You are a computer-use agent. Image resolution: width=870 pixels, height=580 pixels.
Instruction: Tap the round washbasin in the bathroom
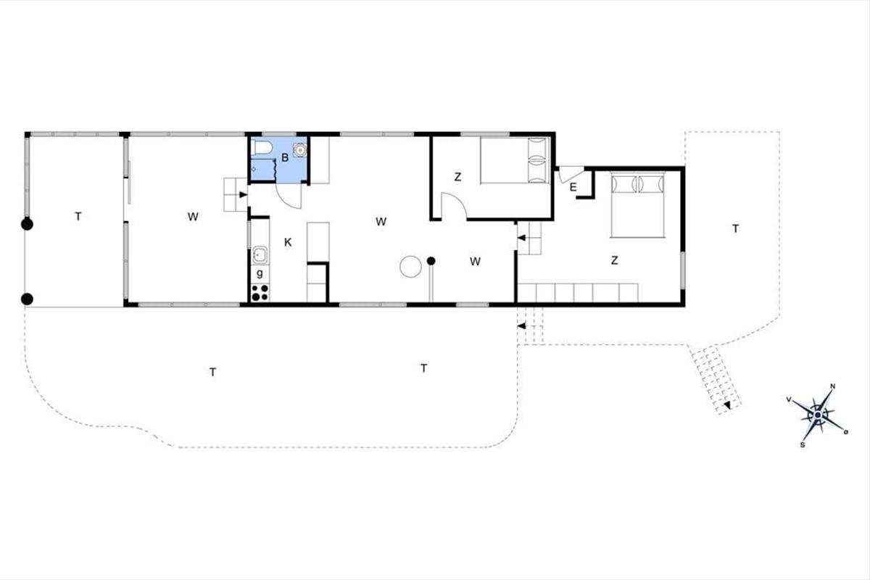tap(300, 149)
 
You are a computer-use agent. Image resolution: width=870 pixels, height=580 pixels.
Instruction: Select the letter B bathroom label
tap(285, 158)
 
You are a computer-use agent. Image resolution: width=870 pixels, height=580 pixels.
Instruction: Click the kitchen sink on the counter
tap(260, 255)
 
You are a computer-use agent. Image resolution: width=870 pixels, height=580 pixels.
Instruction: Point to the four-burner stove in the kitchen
tap(260, 293)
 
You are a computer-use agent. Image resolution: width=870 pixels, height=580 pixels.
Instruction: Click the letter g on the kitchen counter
tap(260, 273)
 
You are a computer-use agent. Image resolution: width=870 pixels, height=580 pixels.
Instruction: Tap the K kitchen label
tap(288, 242)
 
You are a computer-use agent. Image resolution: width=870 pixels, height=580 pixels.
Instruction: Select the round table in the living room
tap(410, 267)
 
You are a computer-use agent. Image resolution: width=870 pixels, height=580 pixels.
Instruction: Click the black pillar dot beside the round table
tap(431, 261)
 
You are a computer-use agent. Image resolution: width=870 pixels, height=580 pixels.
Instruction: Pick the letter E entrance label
tap(573, 188)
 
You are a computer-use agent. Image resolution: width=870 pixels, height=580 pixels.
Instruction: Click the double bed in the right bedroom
tap(637, 204)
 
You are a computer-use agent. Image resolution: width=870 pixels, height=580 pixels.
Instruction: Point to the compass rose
tap(818, 415)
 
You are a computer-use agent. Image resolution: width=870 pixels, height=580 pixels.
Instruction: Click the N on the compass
tap(833, 386)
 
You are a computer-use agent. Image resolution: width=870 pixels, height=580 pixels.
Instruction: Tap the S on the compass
tap(803, 445)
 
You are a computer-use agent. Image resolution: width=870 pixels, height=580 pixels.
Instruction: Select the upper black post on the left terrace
tap(27, 225)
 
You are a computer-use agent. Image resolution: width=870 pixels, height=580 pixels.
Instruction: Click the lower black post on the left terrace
tap(27, 299)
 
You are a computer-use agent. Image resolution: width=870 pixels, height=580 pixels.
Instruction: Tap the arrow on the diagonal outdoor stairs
tap(727, 405)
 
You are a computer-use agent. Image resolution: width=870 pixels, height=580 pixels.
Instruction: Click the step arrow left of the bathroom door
tap(243, 194)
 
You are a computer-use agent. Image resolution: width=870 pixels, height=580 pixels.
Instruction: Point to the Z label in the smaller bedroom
tap(458, 177)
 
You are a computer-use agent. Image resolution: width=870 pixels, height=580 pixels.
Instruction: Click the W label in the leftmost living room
tap(193, 217)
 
